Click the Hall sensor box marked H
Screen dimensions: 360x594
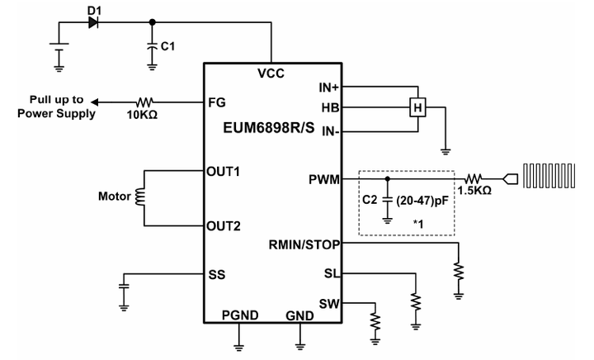418,108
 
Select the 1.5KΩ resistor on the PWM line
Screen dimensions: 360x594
476,178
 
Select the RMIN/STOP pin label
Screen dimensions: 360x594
305,244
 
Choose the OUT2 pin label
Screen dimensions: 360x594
224,225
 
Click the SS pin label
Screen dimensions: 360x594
218,274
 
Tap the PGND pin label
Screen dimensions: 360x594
239,316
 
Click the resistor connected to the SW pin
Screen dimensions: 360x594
376,318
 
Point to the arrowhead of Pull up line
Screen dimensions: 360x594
94,102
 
